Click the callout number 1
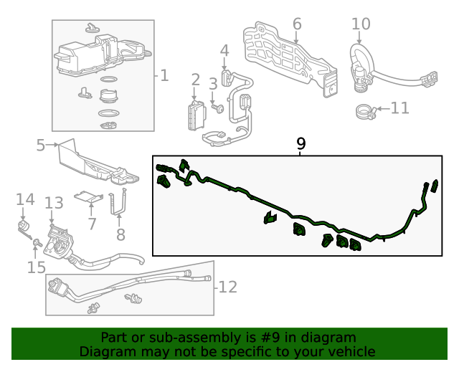(x=164, y=75)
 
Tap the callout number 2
(x=195, y=80)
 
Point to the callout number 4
(x=224, y=51)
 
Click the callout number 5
(x=41, y=146)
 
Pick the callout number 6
(x=297, y=24)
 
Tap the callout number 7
(x=92, y=224)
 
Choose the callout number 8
(x=120, y=234)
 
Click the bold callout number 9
(x=301, y=144)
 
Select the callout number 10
(x=361, y=24)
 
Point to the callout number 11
(x=399, y=108)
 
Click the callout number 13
(x=55, y=204)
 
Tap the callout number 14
(x=25, y=199)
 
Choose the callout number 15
(x=36, y=267)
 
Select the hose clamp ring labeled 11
(x=366, y=111)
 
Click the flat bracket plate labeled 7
(x=88, y=196)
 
